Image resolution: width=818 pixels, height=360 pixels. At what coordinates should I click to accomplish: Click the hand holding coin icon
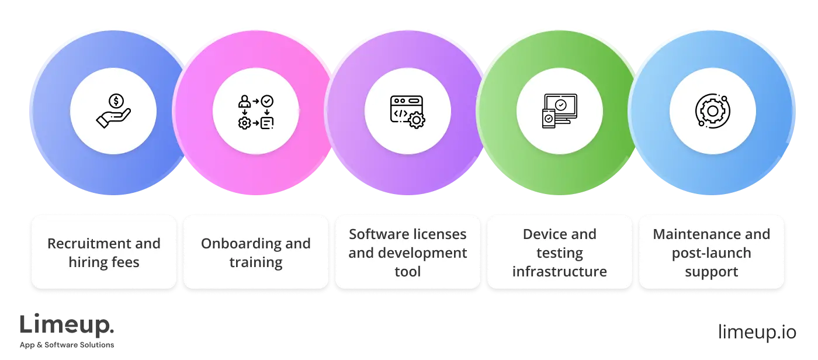(x=113, y=110)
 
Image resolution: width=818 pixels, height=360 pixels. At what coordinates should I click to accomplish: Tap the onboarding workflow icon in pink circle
(x=255, y=111)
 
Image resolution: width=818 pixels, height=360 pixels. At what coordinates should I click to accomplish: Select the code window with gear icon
(x=407, y=111)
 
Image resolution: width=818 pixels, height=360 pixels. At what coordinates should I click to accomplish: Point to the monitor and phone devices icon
(x=559, y=111)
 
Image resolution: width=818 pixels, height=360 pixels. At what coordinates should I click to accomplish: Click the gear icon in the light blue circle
(x=712, y=111)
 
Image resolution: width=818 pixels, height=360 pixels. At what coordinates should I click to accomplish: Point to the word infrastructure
(x=559, y=272)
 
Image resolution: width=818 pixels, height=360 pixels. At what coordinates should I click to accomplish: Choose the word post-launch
(x=711, y=253)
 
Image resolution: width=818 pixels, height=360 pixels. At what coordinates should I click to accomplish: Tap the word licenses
(x=439, y=234)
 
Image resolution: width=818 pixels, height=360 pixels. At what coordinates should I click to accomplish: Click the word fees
(x=126, y=262)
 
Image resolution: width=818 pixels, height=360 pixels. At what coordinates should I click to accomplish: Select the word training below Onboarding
(x=255, y=262)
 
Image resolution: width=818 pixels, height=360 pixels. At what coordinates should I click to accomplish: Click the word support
(x=711, y=272)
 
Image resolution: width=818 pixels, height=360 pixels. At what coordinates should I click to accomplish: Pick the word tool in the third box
(x=407, y=272)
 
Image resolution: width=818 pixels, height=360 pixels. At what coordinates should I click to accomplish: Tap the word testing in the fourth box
(x=559, y=253)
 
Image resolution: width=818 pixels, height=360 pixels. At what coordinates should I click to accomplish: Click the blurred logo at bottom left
(x=67, y=331)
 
